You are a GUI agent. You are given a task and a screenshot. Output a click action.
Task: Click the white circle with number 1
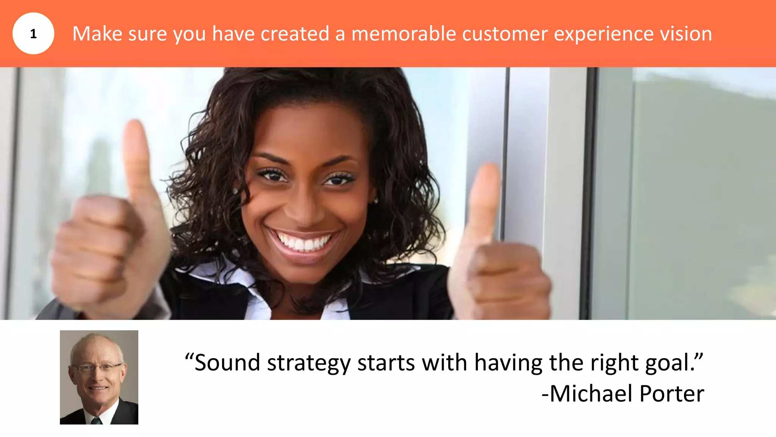33,33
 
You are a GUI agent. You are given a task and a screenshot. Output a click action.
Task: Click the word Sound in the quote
227,363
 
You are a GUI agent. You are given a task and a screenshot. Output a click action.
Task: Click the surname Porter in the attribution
672,393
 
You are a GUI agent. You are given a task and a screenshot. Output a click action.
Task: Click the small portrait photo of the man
99,377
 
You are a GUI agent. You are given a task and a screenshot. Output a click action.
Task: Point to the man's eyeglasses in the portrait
97,367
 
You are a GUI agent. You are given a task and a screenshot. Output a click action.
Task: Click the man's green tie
96,420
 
